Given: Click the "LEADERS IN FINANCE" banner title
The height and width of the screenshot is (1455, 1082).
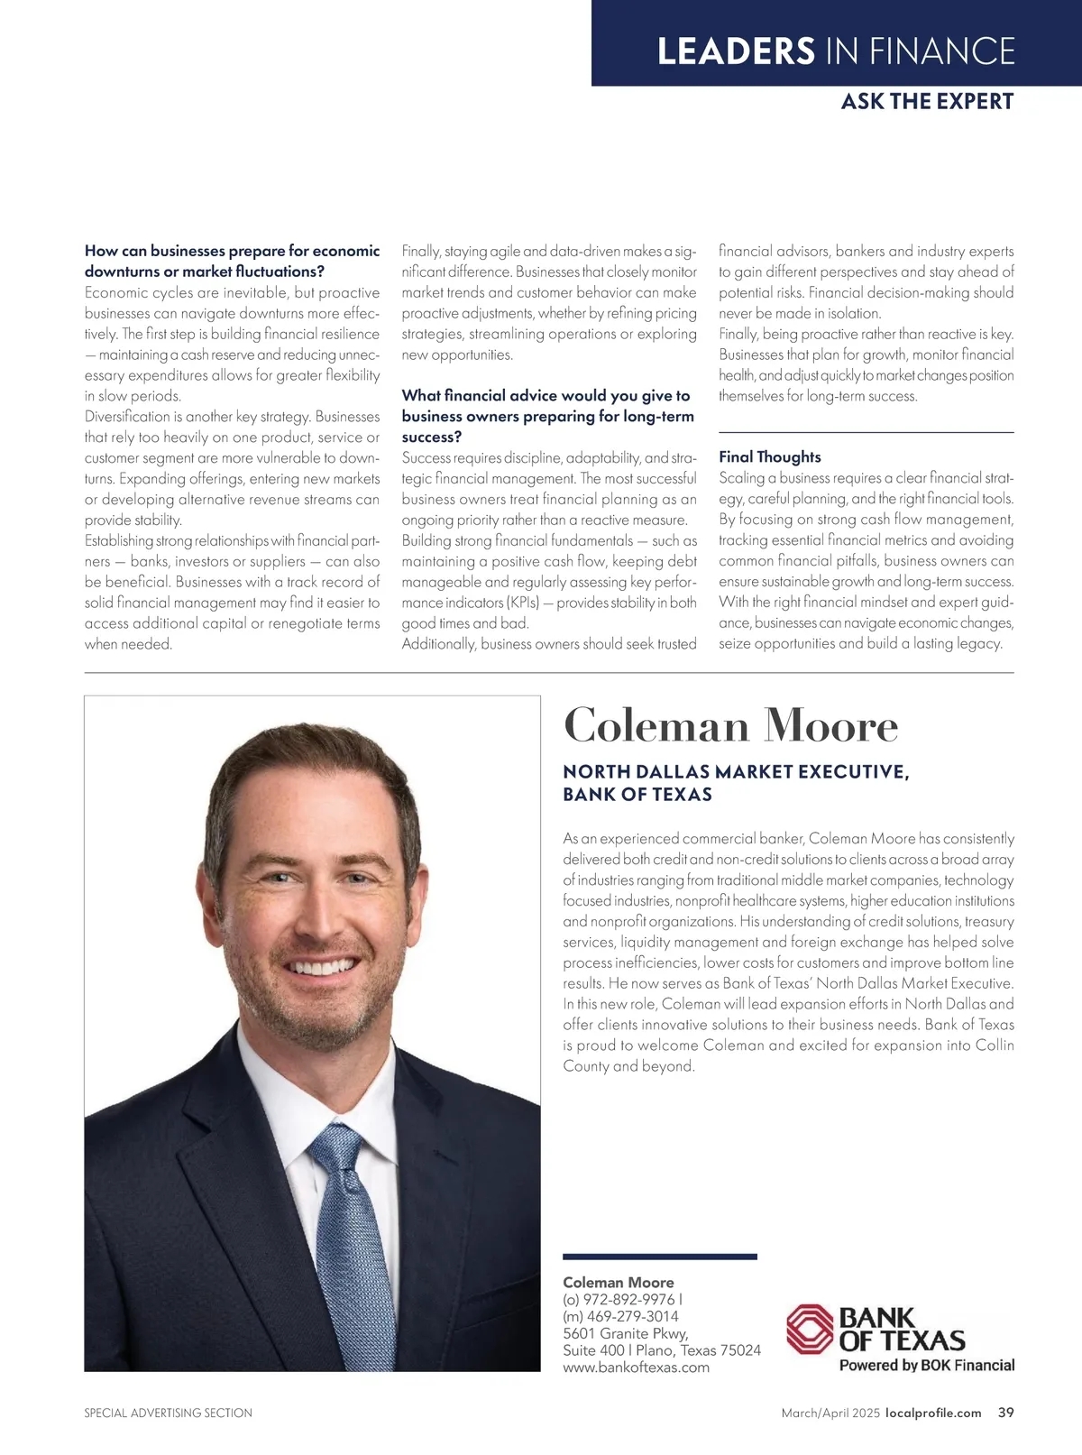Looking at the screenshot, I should [836, 51].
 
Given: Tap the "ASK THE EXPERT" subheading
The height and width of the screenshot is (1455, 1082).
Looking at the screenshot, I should [927, 101].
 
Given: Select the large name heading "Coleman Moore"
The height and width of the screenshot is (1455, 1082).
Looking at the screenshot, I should [730, 726].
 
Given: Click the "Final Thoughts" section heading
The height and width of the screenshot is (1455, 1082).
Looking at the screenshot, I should [770, 457].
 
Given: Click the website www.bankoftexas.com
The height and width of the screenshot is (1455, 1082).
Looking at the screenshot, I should [636, 1368].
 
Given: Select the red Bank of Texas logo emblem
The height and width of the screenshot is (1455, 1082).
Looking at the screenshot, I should [809, 1330].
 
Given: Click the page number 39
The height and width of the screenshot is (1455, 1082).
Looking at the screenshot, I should [1005, 1413].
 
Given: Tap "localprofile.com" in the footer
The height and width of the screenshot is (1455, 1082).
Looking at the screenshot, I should [933, 1414].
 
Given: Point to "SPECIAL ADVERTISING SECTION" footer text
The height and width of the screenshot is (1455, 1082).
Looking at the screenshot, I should [169, 1414].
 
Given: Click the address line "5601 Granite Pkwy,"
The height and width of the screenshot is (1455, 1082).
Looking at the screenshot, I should [626, 1333].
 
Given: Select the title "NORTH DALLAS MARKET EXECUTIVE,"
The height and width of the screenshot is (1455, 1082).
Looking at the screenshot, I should [736, 772].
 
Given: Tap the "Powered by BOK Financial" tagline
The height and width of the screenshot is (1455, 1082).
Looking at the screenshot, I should [927, 1366].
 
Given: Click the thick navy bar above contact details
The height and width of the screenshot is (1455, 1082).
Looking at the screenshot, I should [660, 1257].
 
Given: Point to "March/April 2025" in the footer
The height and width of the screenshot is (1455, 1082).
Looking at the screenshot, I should [830, 1414].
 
